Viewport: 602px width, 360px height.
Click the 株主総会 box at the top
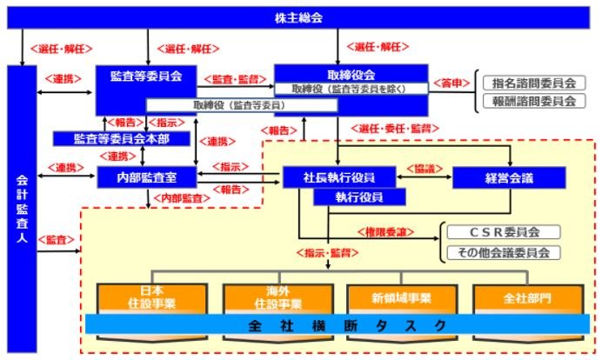coord(298,17)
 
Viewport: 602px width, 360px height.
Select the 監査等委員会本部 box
coord(121,138)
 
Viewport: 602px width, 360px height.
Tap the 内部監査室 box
coord(147,177)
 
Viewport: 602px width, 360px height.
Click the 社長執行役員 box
coord(339,177)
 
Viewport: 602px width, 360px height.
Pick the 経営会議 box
coord(509,177)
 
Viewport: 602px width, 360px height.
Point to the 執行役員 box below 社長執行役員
coord(359,197)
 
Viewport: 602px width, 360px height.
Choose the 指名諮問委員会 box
coord(534,83)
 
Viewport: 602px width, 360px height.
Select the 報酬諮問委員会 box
coord(534,102)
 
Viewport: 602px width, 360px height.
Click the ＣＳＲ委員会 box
coord(504,232)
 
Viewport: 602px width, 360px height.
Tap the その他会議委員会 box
coord(504,252)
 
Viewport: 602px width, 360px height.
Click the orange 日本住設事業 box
coord(152,298)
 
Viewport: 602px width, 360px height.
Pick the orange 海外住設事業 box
coord(278,298)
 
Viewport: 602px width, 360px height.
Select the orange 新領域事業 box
coord(402,298)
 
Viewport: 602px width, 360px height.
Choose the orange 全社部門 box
coord(528,298)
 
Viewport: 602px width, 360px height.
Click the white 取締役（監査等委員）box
coord(242,105)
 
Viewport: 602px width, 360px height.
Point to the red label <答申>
coord(451,83)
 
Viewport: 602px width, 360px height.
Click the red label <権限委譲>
coord(386,232)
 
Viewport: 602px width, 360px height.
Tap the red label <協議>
coord(425,169)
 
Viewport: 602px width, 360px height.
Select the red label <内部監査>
coord(182,198)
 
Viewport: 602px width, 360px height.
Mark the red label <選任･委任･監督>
coord(395,129)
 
